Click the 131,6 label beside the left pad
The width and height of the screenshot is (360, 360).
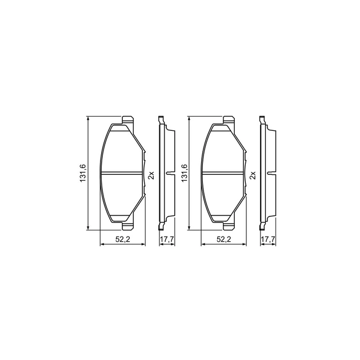[83, 173]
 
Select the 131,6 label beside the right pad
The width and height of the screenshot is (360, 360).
[184, 173]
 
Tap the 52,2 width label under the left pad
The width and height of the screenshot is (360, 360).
[123, 239]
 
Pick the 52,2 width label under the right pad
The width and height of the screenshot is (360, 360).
[223, 239]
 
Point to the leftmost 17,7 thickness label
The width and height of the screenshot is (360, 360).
[167, 239]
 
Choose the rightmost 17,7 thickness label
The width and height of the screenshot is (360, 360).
[268, 239]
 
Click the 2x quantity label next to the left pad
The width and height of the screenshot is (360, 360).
[151, 175]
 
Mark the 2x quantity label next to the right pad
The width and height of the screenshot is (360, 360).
[253, 175]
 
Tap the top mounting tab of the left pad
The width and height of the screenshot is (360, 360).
[127, 121]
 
